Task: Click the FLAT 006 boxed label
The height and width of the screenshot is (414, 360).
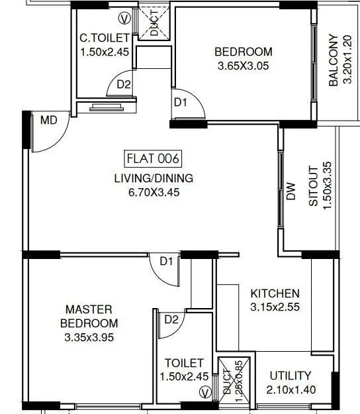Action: [153, 159]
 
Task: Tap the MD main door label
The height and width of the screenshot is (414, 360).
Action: [49, 121]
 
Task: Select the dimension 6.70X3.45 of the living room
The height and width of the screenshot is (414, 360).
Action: [154, 192]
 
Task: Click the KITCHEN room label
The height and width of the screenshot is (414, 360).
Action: [275, 293]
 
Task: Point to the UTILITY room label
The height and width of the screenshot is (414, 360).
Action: [291, 376]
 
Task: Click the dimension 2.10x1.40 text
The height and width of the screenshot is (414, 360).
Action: [291, 389]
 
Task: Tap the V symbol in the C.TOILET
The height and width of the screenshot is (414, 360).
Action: [124, 19]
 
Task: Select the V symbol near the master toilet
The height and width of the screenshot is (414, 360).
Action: [205, 393]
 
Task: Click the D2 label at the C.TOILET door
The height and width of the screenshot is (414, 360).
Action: [124, 85]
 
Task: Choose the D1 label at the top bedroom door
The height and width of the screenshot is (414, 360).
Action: [181, 102]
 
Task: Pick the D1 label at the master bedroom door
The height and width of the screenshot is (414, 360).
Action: [166, 261]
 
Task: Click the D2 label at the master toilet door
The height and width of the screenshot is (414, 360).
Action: [171, 320]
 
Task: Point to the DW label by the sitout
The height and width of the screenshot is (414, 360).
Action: [291, 191]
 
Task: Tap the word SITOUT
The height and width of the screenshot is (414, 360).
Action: [313, 186]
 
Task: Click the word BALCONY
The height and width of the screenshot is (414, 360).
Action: [334, 60]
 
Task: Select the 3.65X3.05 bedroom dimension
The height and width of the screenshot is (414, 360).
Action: [244, 66]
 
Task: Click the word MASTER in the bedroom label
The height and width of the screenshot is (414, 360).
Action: [89, 309]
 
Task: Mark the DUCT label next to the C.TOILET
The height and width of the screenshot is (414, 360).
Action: [154, 23]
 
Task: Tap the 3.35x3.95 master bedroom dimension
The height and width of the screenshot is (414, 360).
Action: [89, 337]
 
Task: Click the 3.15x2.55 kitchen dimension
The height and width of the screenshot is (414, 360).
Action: [275, 307]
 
